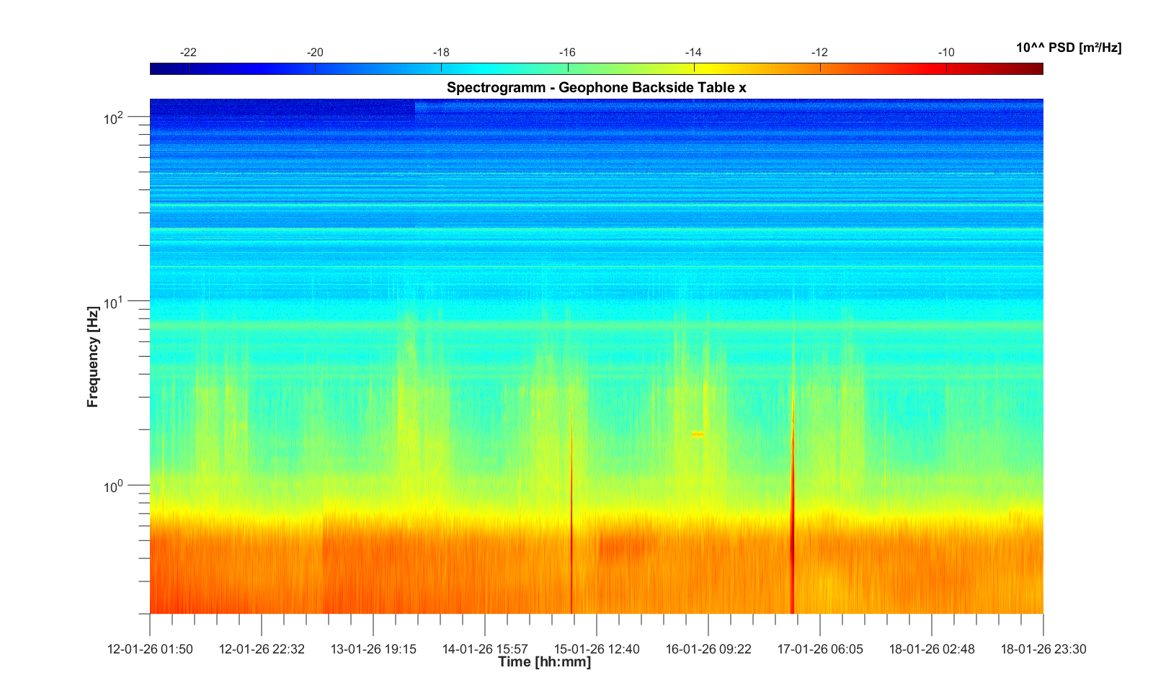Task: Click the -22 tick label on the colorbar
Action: pyautogui.click(x=189, y=53)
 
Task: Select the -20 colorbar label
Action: pyautogui.click(x=315, y=53)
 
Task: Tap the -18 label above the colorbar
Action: pyautogui.click(x=441, y=53)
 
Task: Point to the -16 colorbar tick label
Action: pyautogui.click(x=567, y=53)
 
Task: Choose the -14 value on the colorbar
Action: pyautogui.click(x=693, y=53)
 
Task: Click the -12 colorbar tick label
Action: pyautogui.click(x=819, y=53)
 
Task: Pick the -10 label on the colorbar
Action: pyautogui.click(x=946, y=53)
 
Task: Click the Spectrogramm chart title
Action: pyautogui.click(x=596, y=88)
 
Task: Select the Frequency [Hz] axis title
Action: pyautogui.click(x=92, y=357)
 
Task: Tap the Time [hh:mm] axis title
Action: pyautogui.click(x=544, y=662)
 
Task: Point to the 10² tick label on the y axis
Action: pyautogui.click(x=115, y=118)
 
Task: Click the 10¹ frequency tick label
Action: pyautogui.click(x=115, y=303)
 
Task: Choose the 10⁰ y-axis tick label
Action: pyautogui.click(x=115, y=487)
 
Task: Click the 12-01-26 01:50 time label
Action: pyautogui.click(x=150, y=649)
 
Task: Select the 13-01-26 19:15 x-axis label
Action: pyautogui.click(x=373, y=649)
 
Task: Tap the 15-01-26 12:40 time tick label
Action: pyautogui.click(x=597, y=649)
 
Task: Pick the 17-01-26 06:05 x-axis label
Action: pyautogui.click(x=820, y=649)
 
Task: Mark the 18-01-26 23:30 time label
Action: pyautogui.click(x=1043, y=649)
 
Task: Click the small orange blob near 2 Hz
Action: pyautogui.click(x=697, y=434)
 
